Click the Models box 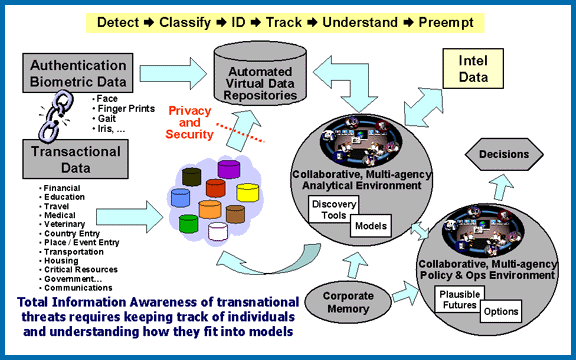(368, 226)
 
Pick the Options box (502, 315)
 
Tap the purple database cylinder (228, 168)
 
